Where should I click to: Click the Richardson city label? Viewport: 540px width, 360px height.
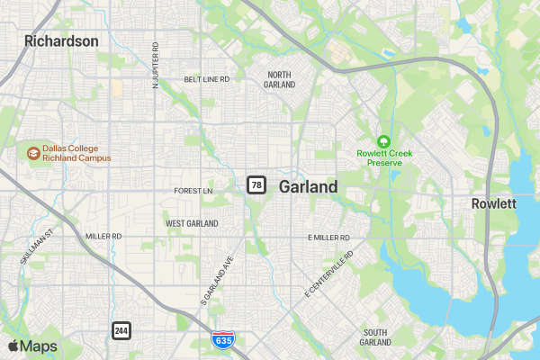tap(61, 40)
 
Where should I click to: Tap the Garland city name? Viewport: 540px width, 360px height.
tap(309, 187)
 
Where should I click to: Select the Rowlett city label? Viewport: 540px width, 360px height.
tap(494, 204)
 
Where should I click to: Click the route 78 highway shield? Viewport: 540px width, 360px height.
tap(256, 185)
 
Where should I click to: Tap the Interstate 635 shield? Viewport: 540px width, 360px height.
tap(224, 339)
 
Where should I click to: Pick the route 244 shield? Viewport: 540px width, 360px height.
tap(121, 330)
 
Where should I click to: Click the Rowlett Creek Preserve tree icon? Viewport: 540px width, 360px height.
tap(384, 140)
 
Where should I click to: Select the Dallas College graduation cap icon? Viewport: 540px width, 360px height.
tap(33, 153)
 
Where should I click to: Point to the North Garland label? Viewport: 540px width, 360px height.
tap(279, 79)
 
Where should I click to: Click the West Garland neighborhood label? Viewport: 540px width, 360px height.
tap(192, 222)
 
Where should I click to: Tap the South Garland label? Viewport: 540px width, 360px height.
tap(374, 337)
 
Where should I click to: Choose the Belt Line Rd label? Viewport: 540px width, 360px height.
tap(207, 79)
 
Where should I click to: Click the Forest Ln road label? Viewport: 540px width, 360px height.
tap(193, 191)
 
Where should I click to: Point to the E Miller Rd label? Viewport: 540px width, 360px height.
tap(328, 238)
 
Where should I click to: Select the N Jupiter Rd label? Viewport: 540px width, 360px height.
tap(156, 64)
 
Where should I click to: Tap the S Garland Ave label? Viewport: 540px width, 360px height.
tap(217, 283)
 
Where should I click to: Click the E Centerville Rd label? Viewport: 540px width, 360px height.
tap(329, 274)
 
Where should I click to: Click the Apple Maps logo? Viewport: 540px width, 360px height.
tap(33, 346)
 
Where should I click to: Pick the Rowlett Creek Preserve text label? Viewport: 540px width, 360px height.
tap(384, 157)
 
